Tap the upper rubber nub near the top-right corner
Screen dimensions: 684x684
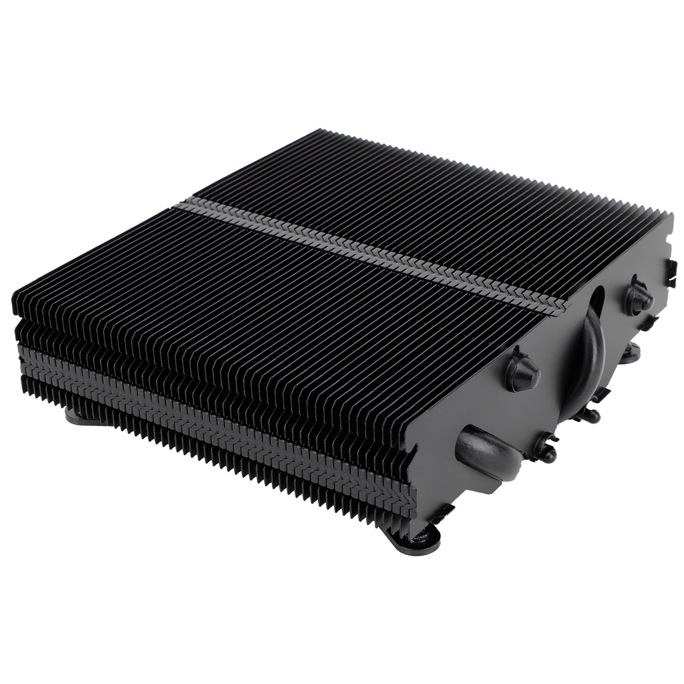pyautogui.click(x=638, y=298)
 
